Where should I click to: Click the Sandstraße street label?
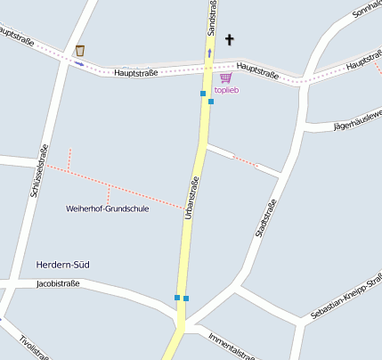coord(212,18)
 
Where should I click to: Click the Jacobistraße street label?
coord(58,284)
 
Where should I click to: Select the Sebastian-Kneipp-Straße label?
coord(345,299)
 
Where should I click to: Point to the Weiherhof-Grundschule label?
coord(107,209)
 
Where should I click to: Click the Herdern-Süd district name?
coord(63,265)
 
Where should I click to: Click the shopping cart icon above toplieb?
coord(225,78)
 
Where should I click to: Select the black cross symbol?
coord(231,39)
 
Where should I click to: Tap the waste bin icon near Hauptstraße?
coord(80,50)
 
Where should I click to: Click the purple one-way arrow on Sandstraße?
coord(210,53)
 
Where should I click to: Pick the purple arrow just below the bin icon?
coord(79,63)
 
